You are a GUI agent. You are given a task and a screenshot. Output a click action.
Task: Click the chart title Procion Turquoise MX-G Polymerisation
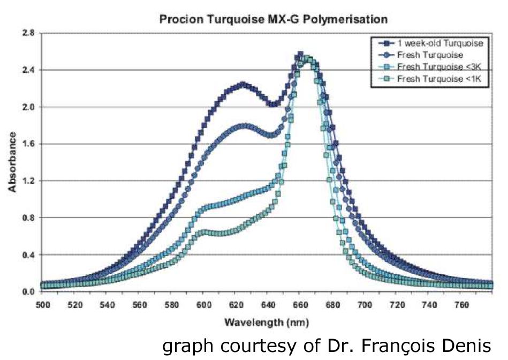(x=273, y=20)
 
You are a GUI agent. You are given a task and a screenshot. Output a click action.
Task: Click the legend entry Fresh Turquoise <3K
(x=437, y=66)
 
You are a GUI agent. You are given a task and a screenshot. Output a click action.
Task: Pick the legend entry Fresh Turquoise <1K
(x=437, y=78)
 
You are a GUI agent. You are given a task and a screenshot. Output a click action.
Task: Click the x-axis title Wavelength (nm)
(x=259, y=322)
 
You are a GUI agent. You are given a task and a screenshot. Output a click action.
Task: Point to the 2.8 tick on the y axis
(x=29, y=33)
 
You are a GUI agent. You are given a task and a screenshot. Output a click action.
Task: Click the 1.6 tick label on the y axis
(x=29, y=144)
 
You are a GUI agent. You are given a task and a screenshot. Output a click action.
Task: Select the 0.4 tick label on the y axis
(x=29, y=254)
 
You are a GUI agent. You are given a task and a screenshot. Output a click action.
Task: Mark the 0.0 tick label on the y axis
(x=29, y=291)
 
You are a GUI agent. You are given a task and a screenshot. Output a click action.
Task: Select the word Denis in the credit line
(x=467, y=346)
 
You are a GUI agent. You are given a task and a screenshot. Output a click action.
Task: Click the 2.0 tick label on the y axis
(x=29, y=107)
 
